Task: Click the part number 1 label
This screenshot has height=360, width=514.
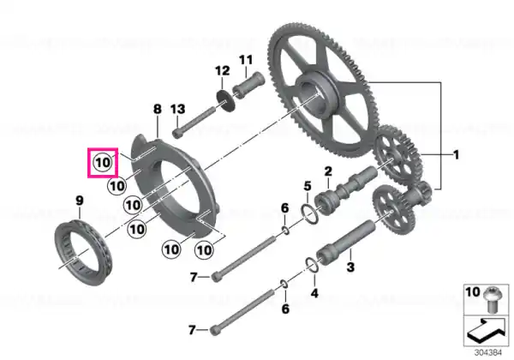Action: pyautogui.click(x=456, y=155)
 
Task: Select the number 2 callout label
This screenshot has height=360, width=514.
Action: pyautogui.click(x=327, y=173)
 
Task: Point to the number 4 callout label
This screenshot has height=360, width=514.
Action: pyautogui.click(x=314, y=293)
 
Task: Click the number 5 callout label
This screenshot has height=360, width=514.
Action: pyautogui.click(x=307, y=186)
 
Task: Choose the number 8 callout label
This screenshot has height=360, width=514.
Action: pyautogui.click(x=157, y=109)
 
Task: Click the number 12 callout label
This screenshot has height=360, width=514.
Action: pyautogui.click(x=221, y=70)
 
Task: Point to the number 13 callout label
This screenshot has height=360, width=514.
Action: pyautogui.click(x=178, y=109)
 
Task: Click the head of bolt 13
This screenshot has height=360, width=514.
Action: pyautogui.click(x=177, y=133)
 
